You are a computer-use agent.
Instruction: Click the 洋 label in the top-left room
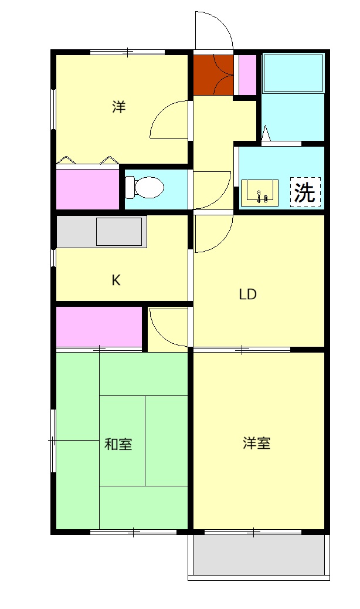[x=119, y=107]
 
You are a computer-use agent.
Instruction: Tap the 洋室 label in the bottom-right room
[x=257, y=443]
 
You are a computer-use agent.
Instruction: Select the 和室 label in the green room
[x=118, y=444]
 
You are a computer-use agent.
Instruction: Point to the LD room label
[x=247, y=295]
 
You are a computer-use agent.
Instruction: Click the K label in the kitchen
[x=116, y=280]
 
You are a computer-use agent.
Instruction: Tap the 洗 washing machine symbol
[x=305, y=192]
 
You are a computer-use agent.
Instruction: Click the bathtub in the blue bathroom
[x=293, y=73]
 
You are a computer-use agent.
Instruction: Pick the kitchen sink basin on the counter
[x=119, y=232]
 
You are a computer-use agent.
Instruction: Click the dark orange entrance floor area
[x=213, y=74]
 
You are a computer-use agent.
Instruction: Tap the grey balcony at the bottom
[x=258, y=555]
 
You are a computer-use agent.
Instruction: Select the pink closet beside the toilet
[x=88, y=189]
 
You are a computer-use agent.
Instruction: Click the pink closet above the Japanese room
[x=99, y=326]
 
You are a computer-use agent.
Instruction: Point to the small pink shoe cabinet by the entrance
[x=247, y=74]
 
